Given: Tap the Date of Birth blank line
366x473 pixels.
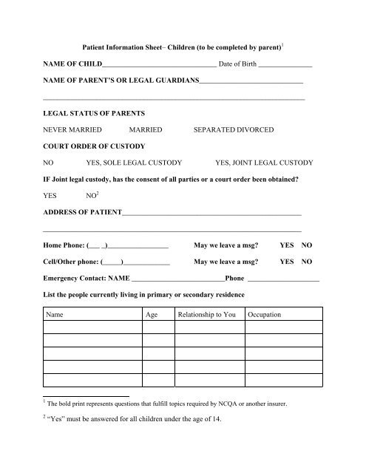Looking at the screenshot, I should pyautogui.click(x=285, y=66).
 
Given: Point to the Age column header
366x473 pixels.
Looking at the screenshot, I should pyautogui.click(x=152, y=315).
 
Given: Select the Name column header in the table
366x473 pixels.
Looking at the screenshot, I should pyautogui.click(x=56, y=315).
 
